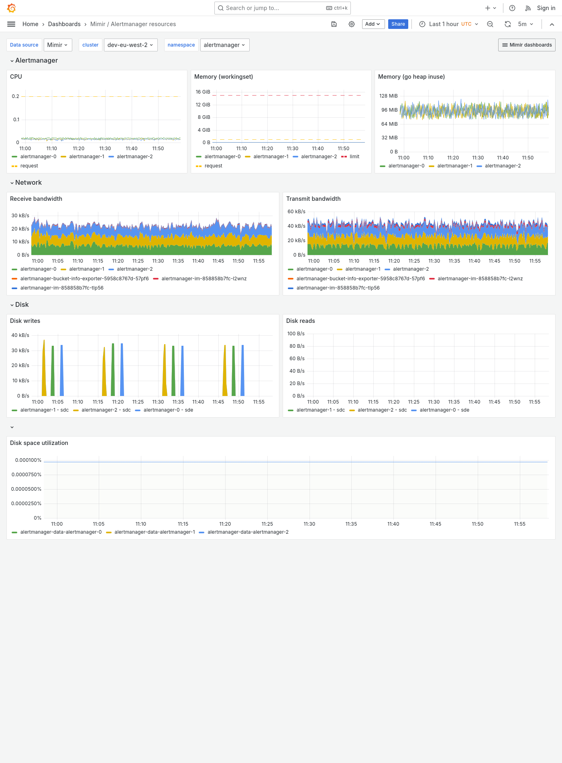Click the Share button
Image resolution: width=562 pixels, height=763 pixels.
click(x=398, y=24)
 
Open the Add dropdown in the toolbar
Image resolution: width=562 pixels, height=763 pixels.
click(x=373, y=24)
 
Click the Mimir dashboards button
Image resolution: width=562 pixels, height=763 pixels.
click(x=527, y=45)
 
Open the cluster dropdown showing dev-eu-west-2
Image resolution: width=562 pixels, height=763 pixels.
click(x=130, y=45)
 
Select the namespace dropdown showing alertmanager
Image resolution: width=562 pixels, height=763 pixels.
click(x=224, y=45)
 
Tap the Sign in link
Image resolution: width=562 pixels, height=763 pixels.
click(x=546, y=8)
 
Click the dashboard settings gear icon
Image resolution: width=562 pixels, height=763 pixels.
click(x=352, y=24)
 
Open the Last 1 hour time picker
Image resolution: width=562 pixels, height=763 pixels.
click(x=449, y=24)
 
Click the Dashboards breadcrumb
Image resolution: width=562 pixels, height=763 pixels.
click(x=64, y=24)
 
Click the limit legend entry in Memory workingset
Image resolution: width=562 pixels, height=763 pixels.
click(x=354, y=157)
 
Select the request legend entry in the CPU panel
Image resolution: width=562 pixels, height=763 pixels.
click(x=29, y=166)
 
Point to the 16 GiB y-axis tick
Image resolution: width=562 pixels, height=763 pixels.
click(x=203, y=92)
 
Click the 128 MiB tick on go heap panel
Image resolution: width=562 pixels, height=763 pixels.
click(x=388, y=96)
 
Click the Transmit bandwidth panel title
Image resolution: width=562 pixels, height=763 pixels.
click(x=313, y=199)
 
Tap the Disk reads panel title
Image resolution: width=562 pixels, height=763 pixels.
click(x=300, y=321)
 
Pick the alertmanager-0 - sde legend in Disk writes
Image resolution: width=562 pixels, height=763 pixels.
click(x=168, y=410)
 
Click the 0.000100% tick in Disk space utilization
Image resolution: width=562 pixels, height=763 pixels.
click(x=28, y=460)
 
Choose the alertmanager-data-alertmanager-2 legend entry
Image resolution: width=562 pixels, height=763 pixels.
click(x=248, y=532)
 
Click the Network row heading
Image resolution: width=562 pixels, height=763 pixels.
click(x=28, y=183)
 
